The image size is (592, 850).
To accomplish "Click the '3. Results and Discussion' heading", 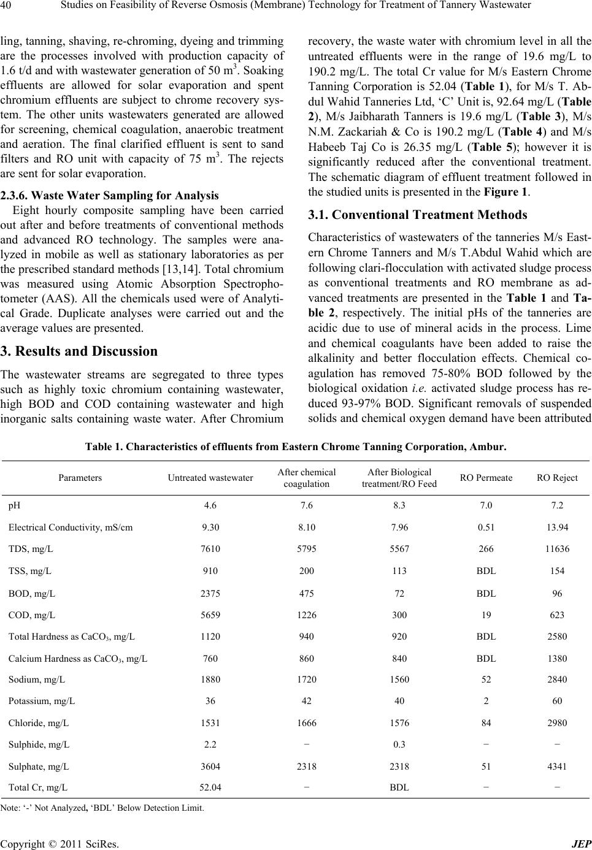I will [80, 351].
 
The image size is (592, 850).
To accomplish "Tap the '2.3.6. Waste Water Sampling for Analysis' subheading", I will [110, 196].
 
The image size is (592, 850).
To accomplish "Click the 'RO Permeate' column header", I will [486, 477].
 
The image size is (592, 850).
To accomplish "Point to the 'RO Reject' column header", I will [557, 477].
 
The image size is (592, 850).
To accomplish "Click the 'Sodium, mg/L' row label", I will [37, 679].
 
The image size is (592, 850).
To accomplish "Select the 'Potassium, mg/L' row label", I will [42, 700].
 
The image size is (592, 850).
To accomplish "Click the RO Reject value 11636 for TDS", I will [557, 549].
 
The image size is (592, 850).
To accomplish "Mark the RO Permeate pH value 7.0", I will [486, 505].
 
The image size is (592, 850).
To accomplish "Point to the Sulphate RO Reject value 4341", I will [557, 766].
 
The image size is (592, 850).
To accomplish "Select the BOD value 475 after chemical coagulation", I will [307, 593].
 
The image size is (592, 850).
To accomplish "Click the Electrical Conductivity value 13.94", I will [557, 527].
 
